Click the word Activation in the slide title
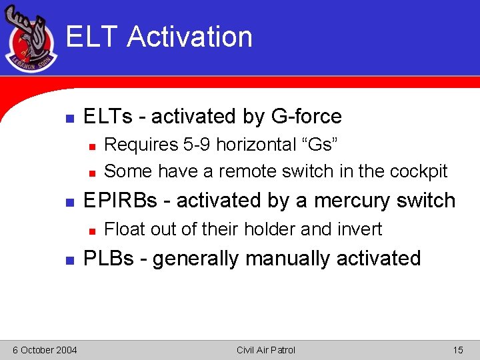(190, 37)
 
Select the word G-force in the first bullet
(306, 117)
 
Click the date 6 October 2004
(44, 350)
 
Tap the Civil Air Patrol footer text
(265, 350)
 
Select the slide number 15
(457, 350)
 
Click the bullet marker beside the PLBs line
(69, 259)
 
